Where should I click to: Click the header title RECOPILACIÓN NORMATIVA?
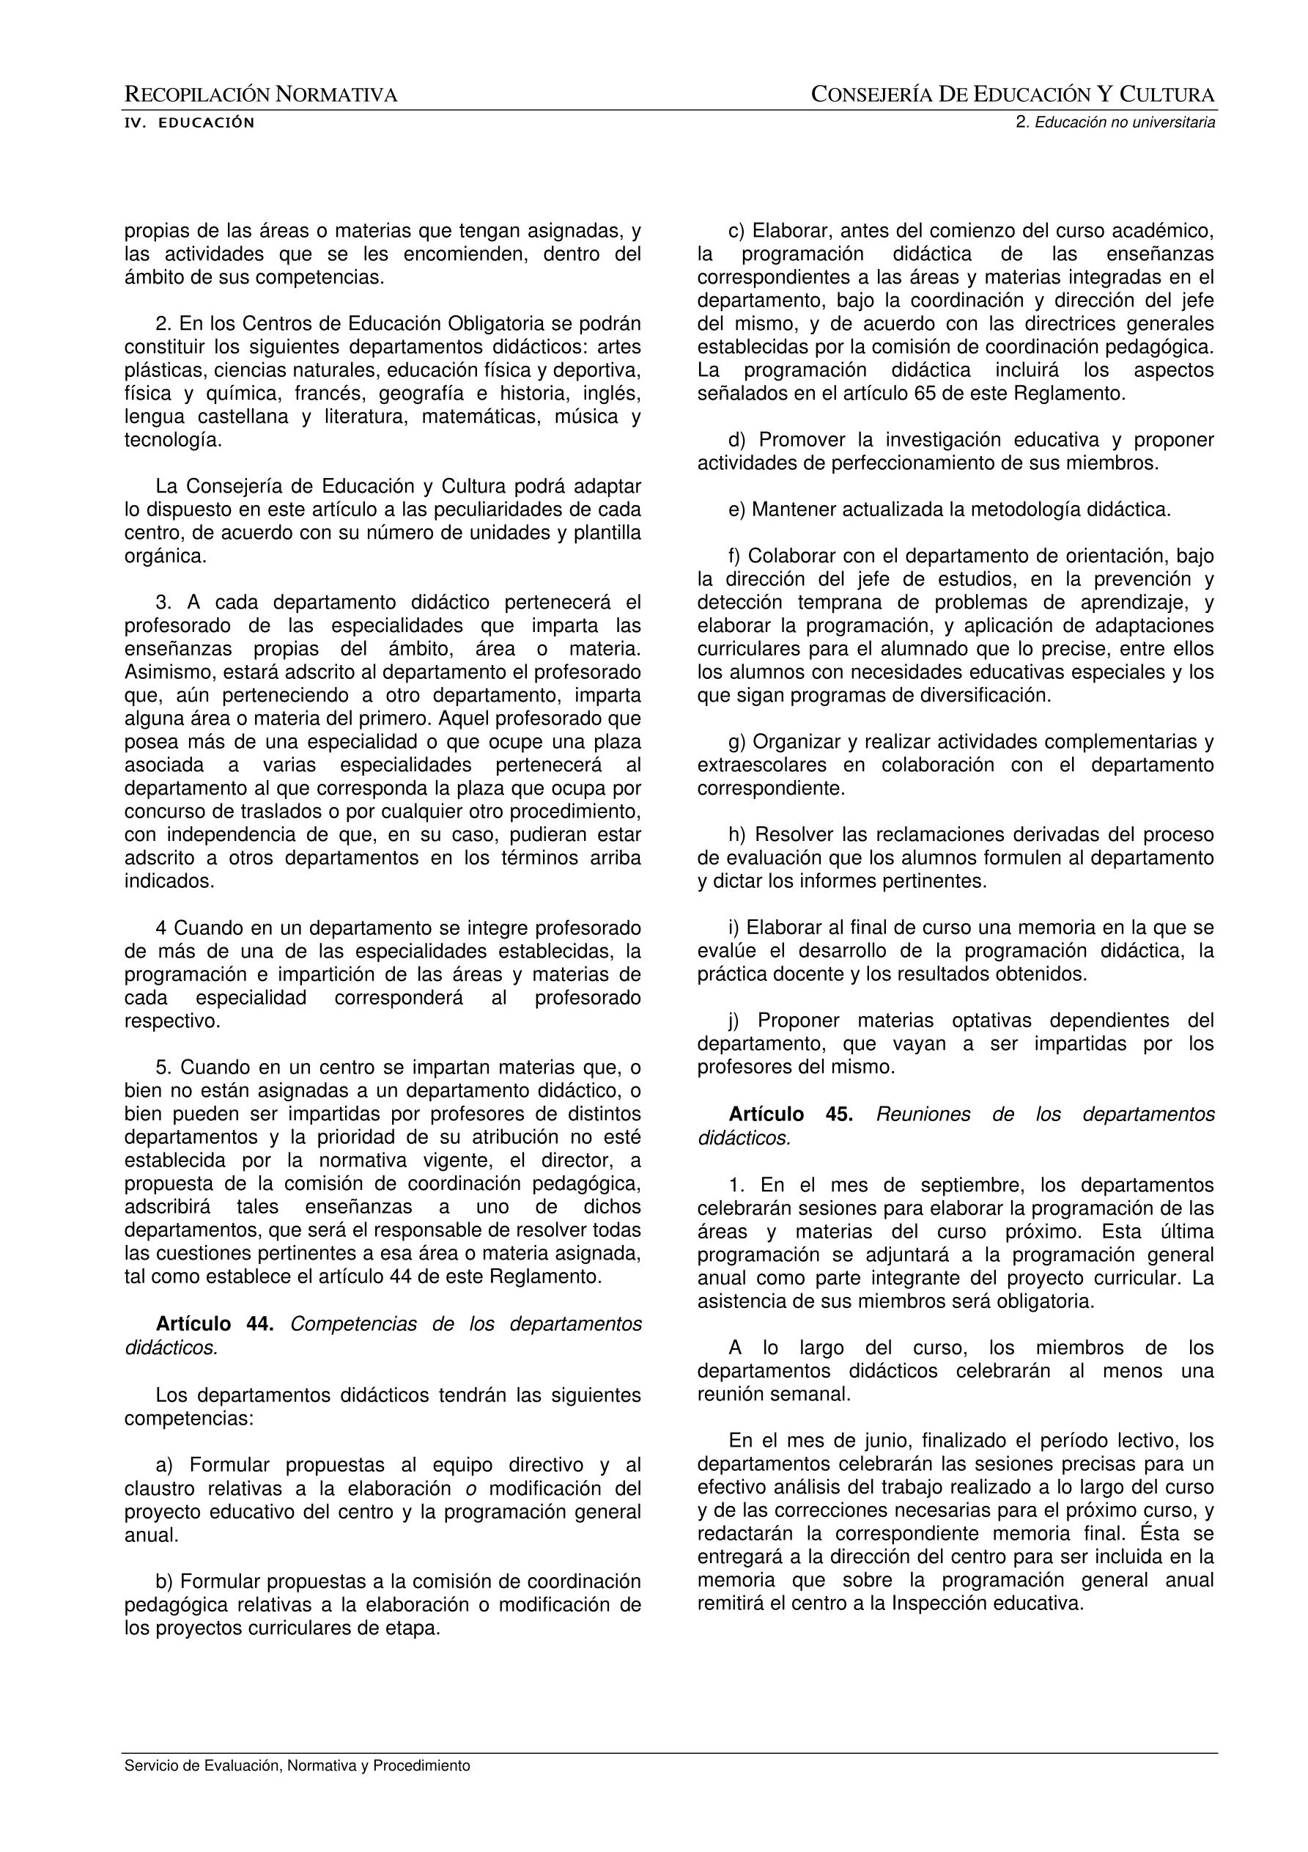[x=260, y=95]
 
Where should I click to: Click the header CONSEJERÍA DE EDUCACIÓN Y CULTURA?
[x=1013, y=95]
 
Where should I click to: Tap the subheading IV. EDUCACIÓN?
[x=189, y=123]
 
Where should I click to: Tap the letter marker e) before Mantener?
[x=737, y=510]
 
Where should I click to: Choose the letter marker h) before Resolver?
[x=737, y=835]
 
